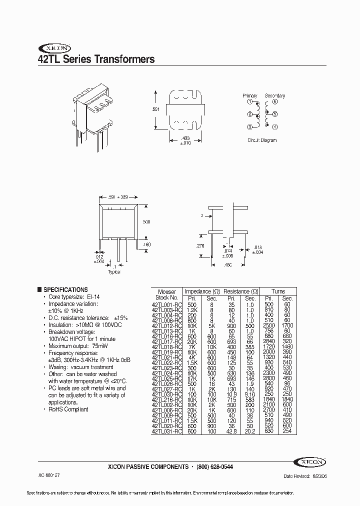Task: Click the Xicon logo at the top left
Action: pyautogui.click(x=52, y=49)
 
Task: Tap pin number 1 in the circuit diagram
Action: pyautogui.click(x=249, y=102)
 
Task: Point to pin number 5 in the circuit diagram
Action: pyautogui.click(x=274, y=114)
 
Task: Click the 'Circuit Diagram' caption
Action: pyautogui.click(x=261, y=140)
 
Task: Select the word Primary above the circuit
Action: pyautogui.click(x=250, y=95)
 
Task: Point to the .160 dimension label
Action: pyautogui.click(x=146, y=245)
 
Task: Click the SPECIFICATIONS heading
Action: pyautogui.click(x=65, y=289)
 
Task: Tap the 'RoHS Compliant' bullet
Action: pyautogui.click(x=68, y=409)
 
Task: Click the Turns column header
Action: pyautogui.click(x=278, y=291)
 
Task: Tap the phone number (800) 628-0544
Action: pyautogui.click(x=214, y=467)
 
